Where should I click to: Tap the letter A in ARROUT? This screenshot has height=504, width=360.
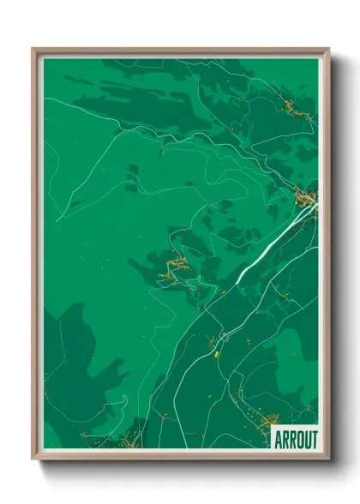277,438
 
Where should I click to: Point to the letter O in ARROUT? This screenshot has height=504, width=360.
297,438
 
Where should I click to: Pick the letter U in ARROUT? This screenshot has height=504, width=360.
304,438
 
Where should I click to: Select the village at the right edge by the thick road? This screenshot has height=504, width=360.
305,200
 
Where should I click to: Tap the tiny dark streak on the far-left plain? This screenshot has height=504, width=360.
75,203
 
